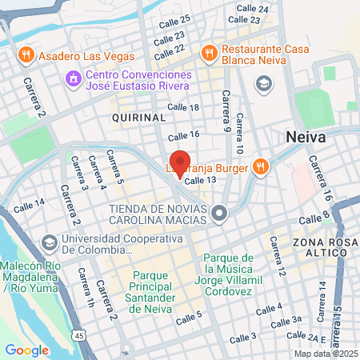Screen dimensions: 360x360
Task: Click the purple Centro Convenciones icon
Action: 74,78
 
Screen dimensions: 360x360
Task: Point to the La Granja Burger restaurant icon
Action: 259,167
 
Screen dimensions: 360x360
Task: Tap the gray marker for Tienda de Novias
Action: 221,212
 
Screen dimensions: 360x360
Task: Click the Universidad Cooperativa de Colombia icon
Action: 50,242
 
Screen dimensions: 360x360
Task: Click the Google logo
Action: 26,350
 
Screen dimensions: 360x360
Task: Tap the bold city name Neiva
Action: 306,138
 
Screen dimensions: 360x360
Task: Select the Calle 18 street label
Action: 183,107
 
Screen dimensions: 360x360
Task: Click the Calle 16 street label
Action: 183,134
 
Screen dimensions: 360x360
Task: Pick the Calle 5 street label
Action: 189,318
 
